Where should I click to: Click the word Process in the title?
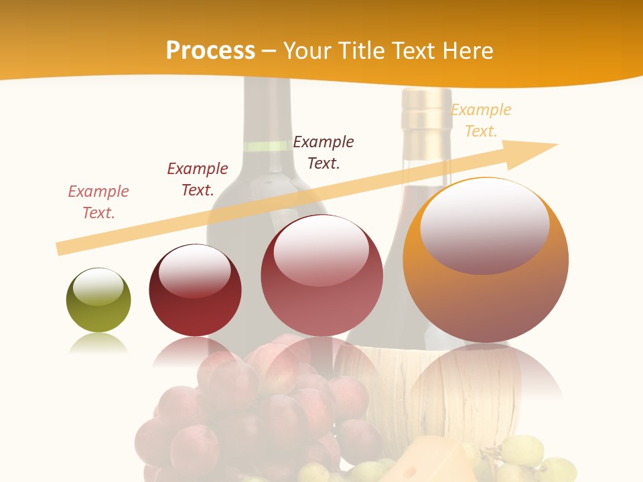point(210,51)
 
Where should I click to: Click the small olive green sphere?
point(98,301)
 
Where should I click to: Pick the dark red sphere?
point(195,291)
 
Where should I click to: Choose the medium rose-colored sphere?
point(321,275)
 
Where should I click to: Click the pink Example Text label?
point(98,202)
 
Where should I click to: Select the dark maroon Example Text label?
point(197,179)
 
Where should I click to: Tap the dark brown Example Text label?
point(324,153)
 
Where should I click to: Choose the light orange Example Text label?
point(481,120)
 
